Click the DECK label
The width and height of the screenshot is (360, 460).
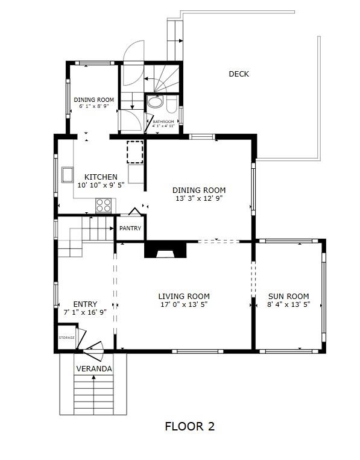pyautogui.click(x=239, y=74)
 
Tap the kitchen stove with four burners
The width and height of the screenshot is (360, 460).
pyautogui.click(x=104, y=206)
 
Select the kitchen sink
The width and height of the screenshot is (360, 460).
pyautogui.click(x=68, y=175)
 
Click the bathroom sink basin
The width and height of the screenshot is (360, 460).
pyautogui.click(x=155, y=102)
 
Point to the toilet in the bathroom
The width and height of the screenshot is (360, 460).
pyautogui.click(x=172, y=105)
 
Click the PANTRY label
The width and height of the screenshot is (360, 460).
pyautogui.click(x=130, y=228)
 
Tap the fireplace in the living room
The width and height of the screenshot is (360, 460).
pyautogui.click(x=165, y=250)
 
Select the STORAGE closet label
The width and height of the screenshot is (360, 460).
pyautogui.click(x=66, y=338)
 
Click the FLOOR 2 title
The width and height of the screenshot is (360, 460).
pyautogui.click(x=189, y=426)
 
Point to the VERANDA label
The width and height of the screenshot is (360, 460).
pyautogui.click(x=94, y=369)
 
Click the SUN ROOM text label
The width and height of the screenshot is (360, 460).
pyautogui.click(x=289, y=296)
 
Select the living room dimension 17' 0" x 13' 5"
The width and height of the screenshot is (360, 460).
pyautogui.click(x=184, y=304)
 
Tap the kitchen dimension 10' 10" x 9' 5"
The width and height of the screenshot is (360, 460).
pyautogui.click(x=101, y=185)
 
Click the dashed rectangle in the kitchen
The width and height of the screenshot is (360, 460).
pyautogui.click(x=135, y=152)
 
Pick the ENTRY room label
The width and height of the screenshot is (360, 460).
pyautogui.click(x=85, y=304)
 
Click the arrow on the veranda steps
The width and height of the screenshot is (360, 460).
pyautogui.click(x=94, y=394)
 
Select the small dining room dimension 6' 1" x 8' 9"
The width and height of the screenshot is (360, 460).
pyautogui.click(x=94, y=106)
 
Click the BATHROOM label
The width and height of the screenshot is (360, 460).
pyautogui.click(x=163, y=121)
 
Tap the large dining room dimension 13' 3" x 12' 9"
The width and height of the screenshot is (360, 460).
pyautogui.click(x=199, y=198)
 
